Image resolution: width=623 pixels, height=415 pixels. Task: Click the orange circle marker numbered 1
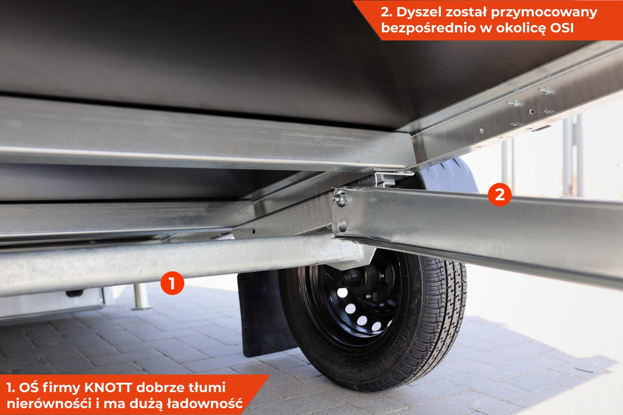(172, 284)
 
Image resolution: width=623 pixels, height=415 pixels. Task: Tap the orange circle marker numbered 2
(499, 194)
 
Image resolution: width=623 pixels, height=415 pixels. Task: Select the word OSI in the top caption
(562, 28)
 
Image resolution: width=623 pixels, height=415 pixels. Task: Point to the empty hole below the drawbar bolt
(342, 226)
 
